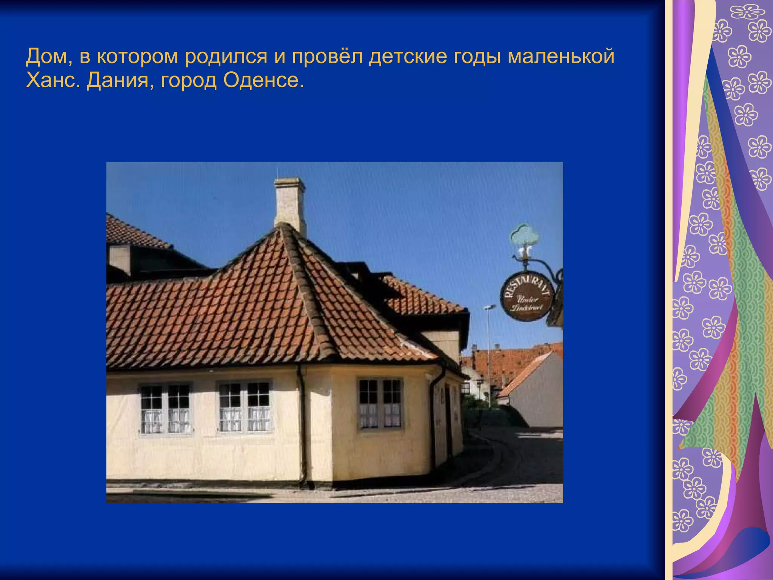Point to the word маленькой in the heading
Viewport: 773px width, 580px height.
coord(561,57)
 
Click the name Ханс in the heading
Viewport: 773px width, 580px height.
coord(51,80)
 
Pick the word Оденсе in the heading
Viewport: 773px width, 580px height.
coord(263,80)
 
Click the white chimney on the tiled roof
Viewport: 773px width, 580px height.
coord(290,204)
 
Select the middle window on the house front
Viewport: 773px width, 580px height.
coord(245,407)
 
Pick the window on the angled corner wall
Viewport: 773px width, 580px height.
coord(380,404)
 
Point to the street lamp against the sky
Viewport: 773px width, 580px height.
coord(490,308)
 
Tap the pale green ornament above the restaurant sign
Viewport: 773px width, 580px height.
coord(525,236)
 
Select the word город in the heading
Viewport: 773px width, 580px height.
coord(189,80)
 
